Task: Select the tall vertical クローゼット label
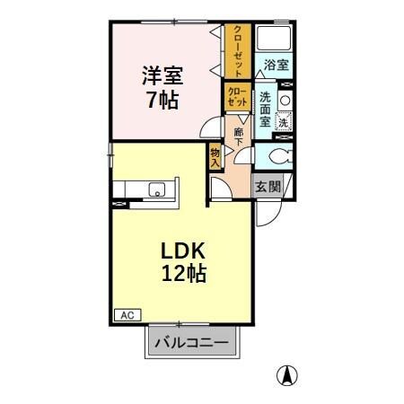[x=237, y=52]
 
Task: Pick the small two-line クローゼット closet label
[x=236, y=97]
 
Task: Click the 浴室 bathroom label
[x=277, y=66]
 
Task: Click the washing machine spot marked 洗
[x=283, y=122]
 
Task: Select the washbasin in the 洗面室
[x=285, y=100]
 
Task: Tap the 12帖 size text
[x=184, y=275]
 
